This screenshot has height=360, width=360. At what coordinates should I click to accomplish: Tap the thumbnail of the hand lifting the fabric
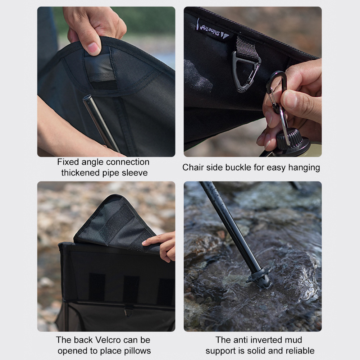[x=94, y=49]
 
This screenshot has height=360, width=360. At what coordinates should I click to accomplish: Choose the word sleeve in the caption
[x=135, y=173]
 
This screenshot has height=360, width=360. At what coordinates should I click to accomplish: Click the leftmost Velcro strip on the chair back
[x=96, y=287]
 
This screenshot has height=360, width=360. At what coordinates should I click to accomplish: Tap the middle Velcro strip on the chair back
[x=131, y=289]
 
